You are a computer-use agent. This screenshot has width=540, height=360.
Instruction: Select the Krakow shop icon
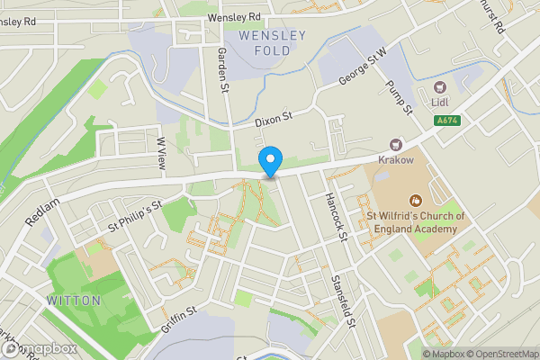click(395, 145)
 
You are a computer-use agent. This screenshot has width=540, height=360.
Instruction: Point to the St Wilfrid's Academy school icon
click(415, 201)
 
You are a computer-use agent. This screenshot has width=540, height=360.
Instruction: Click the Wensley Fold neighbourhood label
click(272, 42)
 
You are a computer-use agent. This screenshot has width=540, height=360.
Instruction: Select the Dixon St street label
click(274, 118)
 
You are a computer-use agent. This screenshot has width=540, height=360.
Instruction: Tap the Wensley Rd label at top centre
click(233, 17)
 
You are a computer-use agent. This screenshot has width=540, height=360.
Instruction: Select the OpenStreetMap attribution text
click(499, 354)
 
